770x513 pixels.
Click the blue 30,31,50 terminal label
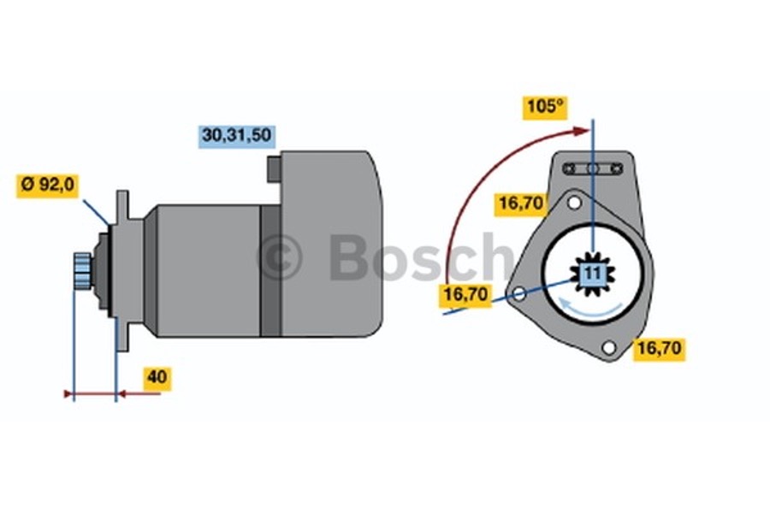tap(237, 135)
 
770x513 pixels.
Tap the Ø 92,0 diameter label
tap(47, 185)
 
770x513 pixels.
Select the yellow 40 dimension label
tap(157, 377)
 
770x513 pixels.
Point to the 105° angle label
tap(545, 109)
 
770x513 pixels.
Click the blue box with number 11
tap(593, 274)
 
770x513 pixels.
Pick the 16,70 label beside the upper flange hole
tap(523, 203)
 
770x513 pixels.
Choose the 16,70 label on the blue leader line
tap(465, 296)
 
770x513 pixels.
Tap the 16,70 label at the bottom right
tap(659, 348)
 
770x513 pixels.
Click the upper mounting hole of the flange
tap(575, 203)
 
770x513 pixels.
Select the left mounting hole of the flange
tap(518, 295)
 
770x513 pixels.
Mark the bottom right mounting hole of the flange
tap(608, 347)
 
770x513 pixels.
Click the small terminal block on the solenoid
tap(274, 168)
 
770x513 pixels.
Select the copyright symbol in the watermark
tap(279, 258)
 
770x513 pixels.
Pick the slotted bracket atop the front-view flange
tap(592, 168)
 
